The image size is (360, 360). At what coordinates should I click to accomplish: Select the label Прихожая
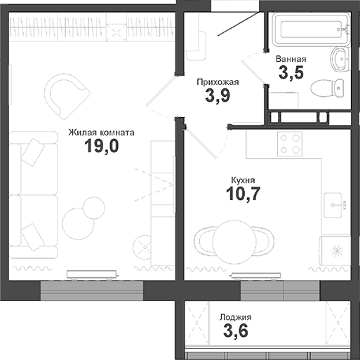(218, 82)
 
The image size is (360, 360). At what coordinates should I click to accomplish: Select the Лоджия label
(234, 317)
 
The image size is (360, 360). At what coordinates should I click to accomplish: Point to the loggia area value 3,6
(234, 331)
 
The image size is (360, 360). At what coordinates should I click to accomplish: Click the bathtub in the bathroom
(309, 28)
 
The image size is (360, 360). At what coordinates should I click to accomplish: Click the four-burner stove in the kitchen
(289, 143)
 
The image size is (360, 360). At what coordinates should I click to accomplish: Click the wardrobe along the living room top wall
(91, 30)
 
